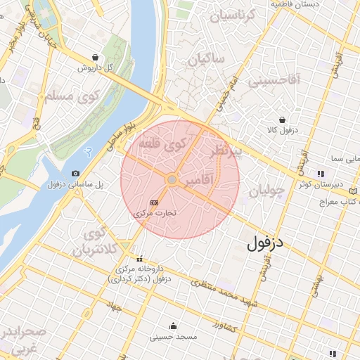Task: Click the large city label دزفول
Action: [268, 244]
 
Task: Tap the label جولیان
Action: [266, 191]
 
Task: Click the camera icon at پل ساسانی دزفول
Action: [75, 173]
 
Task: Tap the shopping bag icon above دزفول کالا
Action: [282, 120]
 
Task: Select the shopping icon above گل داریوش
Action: [95, 58]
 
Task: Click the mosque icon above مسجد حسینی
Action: [173, 326]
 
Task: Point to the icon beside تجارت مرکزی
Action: [155, 202]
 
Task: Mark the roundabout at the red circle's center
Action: [172, 181]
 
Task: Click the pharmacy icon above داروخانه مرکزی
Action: [139, 258]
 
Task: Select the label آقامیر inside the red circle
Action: [200, 183]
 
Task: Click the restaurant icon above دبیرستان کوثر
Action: [320, 173]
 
